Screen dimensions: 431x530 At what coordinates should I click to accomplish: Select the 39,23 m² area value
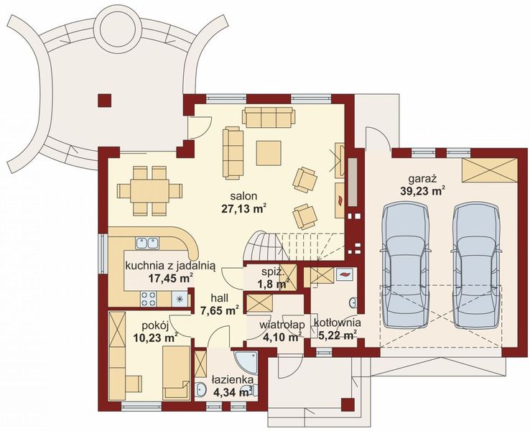(x=422, y=190)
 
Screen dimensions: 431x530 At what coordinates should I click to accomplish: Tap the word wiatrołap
(x=279, y=324)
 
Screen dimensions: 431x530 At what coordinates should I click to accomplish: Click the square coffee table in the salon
(x=270, y=152)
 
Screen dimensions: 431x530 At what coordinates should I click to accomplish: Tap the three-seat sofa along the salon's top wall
(x=268, y=116)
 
